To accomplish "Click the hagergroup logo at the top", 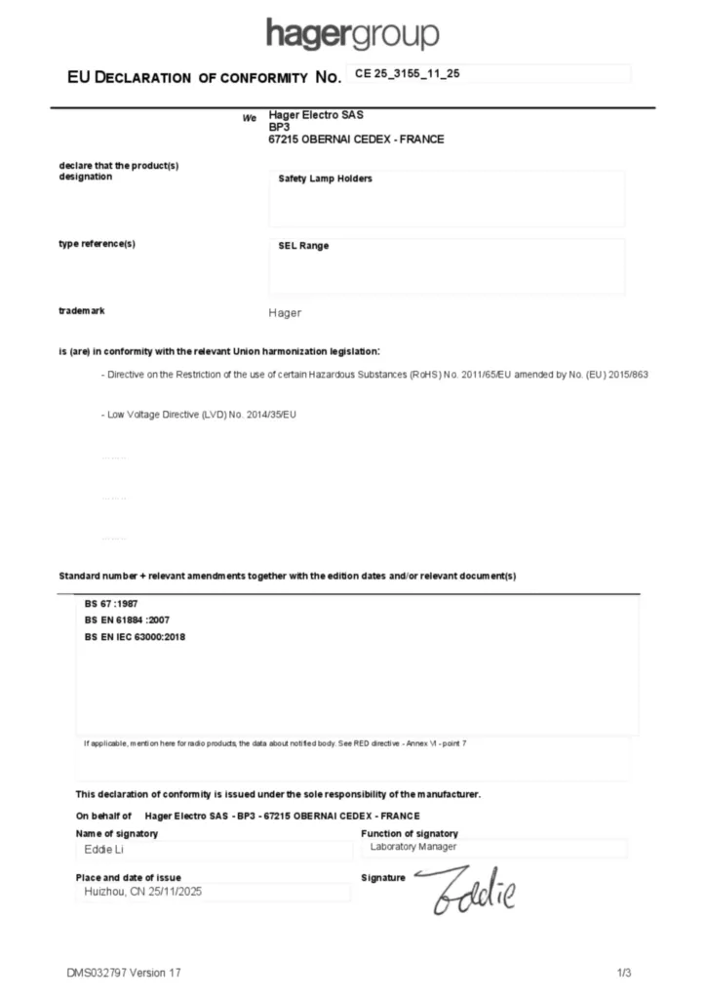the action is point(352,34).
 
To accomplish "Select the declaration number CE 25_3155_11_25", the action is point(407,74).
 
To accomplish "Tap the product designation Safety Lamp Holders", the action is point(325,180).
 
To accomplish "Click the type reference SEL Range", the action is point(303,246).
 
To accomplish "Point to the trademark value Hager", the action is point(285,313).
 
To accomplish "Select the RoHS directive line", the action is point(374,375).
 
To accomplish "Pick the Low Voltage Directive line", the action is point(198,416).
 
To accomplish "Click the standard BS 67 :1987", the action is point(111,604).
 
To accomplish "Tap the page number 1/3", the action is point(624,973).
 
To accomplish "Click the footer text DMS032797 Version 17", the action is point(124,973).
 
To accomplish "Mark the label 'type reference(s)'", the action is point(98,244).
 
